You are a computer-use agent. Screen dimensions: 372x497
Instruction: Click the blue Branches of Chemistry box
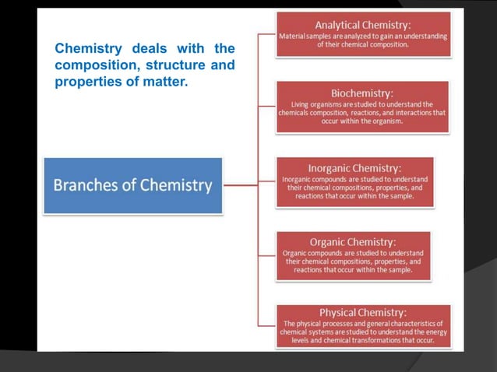tap(132, 185)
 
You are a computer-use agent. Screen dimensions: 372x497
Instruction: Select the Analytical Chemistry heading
tap(363, 24)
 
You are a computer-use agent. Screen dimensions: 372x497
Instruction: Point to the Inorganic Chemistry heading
tap(354, 168)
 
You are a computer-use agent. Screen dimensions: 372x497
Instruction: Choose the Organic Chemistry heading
tap(353, 242)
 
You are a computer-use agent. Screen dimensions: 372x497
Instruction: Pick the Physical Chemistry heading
tap(362, 312)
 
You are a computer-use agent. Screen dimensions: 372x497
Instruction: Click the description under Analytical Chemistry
tap(363, 40)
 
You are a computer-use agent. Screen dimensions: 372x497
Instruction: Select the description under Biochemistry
tap(362, 113)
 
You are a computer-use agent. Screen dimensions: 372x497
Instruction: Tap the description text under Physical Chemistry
tap(363, 332)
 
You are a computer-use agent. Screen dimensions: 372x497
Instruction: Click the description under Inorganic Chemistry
tap(354, 188)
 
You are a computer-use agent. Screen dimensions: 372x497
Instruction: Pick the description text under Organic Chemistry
tap(353, 261)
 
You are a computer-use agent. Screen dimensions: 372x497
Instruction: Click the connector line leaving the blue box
tap(240, 185)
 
